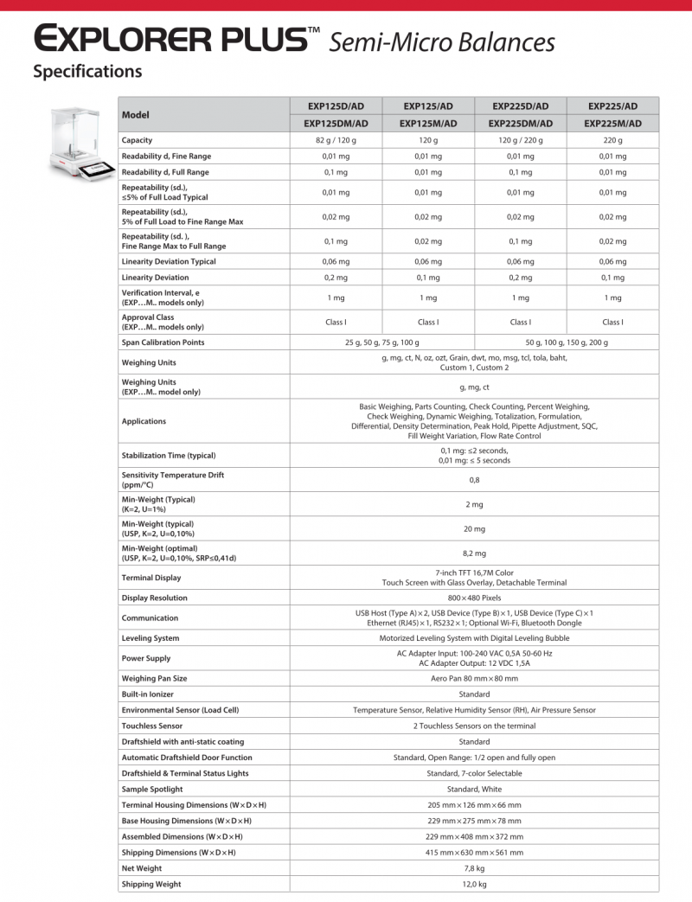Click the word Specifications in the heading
click(x=87, y=72)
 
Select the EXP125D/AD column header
click(x=336, y=106)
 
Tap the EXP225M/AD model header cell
click(x=613, y=124)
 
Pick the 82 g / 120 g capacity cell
click(x=336, y=140)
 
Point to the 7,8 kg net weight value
click(x=474, y=868)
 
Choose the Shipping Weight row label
click(x=151, y=884)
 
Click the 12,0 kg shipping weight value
click(x=474, y=884)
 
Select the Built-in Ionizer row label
click(x=149, y=694)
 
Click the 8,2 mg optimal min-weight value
click(x=474, y=553)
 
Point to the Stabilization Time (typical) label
click(x=169, y=456)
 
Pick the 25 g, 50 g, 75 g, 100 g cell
click(x=381, y=342)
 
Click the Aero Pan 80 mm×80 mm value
click(x=474, y=678)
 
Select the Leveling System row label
click(x=151, y=638)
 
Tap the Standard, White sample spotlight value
click(x=474, y=789)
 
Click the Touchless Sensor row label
click(x=152, y=726)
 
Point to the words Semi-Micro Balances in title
click(x=442, y=41)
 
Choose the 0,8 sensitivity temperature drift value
click(x=474, y=480)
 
